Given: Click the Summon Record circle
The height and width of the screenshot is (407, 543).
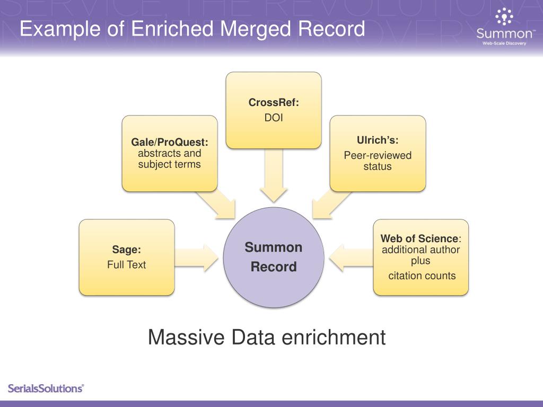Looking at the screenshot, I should (273, 257).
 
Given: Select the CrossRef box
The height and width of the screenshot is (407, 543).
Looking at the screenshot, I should (274, 110).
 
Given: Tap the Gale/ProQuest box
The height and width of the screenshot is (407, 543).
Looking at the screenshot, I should (170, 153).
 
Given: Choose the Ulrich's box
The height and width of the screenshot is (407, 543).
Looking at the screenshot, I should (378, 153).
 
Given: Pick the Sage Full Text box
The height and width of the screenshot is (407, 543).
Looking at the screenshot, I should (127, 257).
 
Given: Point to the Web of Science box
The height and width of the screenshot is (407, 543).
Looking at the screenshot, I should (421, 257).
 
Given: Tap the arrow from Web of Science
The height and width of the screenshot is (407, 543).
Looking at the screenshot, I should (350, 256).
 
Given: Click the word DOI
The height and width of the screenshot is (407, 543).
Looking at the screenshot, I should (274, 118).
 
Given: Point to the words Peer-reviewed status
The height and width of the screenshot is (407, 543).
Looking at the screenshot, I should (378, 161).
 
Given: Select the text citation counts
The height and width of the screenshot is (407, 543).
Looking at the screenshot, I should (422, 276).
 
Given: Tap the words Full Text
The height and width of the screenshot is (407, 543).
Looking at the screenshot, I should (127, 264).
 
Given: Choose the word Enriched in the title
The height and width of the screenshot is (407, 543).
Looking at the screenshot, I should (171, 29).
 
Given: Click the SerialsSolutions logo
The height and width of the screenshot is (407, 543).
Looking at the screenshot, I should (46, 388).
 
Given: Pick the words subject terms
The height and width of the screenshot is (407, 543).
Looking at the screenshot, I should (170, 164).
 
